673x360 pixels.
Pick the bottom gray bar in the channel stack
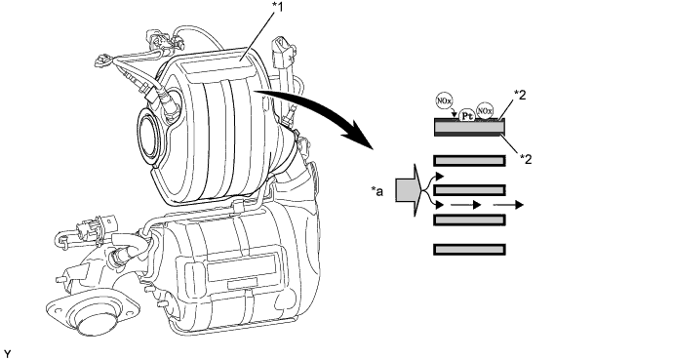[469, 249]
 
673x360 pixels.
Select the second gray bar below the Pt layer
[469, 189]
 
